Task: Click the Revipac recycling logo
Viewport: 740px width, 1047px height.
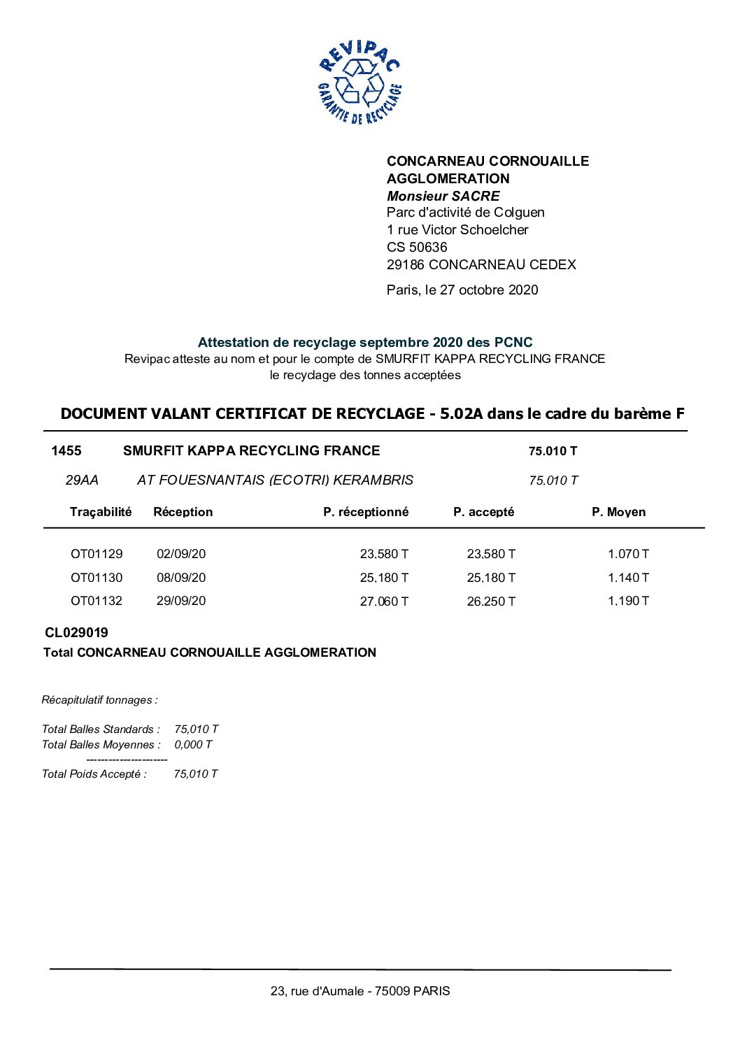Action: pos(360,83)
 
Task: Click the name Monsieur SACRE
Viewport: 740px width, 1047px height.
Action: pos(443,196)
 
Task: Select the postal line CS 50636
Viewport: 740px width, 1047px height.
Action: pos(417,247)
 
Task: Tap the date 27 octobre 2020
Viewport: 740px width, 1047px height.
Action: pos(489,290)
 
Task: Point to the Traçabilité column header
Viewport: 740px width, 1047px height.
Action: pos(101,512)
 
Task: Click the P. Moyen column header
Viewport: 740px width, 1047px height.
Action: pos(618,512)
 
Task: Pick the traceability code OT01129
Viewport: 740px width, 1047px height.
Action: pos(97,554)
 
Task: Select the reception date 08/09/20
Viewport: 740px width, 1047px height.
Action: pos(181,578)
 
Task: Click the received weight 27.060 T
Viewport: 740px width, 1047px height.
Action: pos(384,601)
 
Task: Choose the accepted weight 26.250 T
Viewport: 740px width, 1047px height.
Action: pos(491,601)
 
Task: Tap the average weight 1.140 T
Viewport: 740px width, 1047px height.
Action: pos(628,578)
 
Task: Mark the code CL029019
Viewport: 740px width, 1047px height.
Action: pos(76,633)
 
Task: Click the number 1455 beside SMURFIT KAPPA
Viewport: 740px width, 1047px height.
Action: pos(66,451)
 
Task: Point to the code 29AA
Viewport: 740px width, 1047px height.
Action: pos(82,480)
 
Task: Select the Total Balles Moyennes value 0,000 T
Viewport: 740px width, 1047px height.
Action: pos(193,745)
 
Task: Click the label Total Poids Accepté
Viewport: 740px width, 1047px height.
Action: pos(94,774)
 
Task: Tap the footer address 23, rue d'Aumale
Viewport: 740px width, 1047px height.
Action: pos(360,991)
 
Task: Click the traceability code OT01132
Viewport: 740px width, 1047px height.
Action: pos(97,601)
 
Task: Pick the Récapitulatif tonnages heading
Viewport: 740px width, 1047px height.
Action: pos(99,700)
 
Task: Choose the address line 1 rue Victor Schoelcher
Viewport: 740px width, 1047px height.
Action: pos(457,229)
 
